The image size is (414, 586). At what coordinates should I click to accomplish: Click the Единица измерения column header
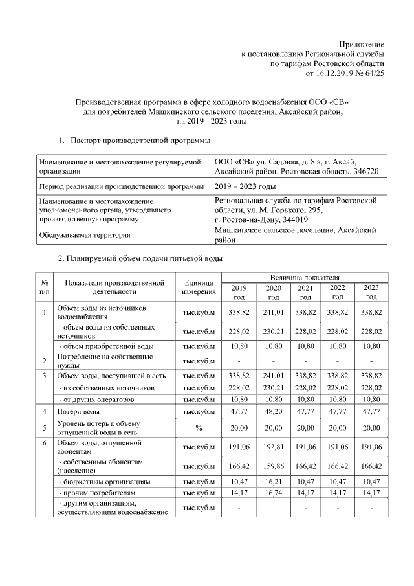point(198,287)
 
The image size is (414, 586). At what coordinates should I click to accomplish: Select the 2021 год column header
point(305,292)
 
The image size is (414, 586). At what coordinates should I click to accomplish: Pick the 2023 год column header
point(371,292)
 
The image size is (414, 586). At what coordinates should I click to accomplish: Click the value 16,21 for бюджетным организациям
point(273,482)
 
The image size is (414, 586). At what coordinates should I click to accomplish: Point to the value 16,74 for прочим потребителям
point(273,494)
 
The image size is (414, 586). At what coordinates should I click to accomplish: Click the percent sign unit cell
point(198,428)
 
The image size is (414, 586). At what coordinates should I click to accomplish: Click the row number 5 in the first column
point(45,428)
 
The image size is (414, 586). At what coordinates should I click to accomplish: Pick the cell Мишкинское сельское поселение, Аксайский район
point(295,234)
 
